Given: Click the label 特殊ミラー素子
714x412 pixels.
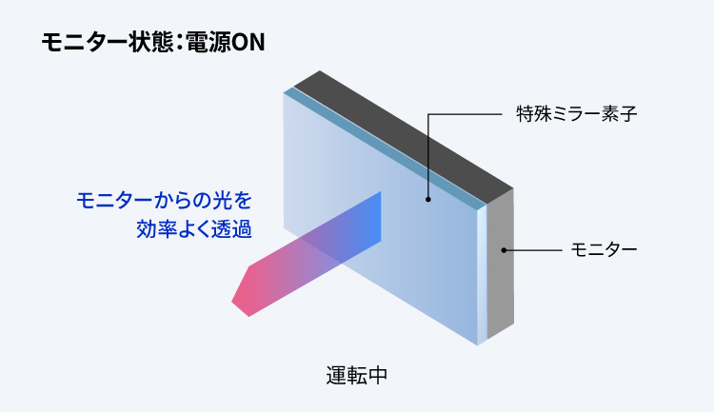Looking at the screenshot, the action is [576, 114].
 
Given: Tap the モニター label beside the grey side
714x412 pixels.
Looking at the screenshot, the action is [604, 249].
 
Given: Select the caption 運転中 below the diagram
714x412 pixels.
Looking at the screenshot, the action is [357, 376].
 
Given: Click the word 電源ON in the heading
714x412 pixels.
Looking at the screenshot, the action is [226, 43].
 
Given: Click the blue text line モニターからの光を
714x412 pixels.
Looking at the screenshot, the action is [164, 201].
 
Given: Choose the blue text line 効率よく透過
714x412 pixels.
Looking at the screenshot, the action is [194, 229].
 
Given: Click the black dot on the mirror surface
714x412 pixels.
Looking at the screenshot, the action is [428, 200].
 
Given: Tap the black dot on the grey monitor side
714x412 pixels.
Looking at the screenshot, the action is [504, 250].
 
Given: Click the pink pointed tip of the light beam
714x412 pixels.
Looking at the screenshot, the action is [232, 302].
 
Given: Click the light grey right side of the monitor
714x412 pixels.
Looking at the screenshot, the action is [501, 265].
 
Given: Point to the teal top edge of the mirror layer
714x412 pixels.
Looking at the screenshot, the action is [386, 147].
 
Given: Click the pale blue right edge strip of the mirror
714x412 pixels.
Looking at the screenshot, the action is [482, 275].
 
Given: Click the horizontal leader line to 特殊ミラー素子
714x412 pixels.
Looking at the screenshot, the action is [465, 114].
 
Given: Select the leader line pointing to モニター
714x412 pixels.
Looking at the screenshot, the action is [533, 250].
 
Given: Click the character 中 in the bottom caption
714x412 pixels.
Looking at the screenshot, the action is [378, 376].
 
